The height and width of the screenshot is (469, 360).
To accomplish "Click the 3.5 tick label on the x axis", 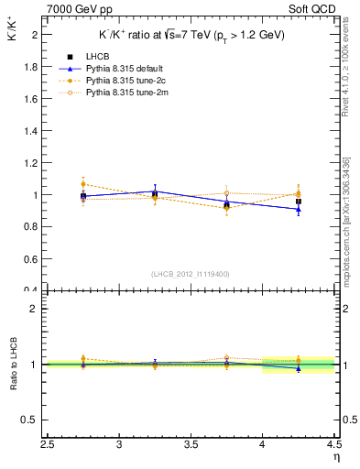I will [191, 444].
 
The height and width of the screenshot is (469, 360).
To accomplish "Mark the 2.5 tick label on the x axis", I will [48, 444].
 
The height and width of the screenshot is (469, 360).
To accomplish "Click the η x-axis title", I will [335, 457].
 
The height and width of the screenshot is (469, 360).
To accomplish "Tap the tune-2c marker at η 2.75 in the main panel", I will [83, 184].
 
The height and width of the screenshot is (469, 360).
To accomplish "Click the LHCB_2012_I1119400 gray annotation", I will [191, 274].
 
